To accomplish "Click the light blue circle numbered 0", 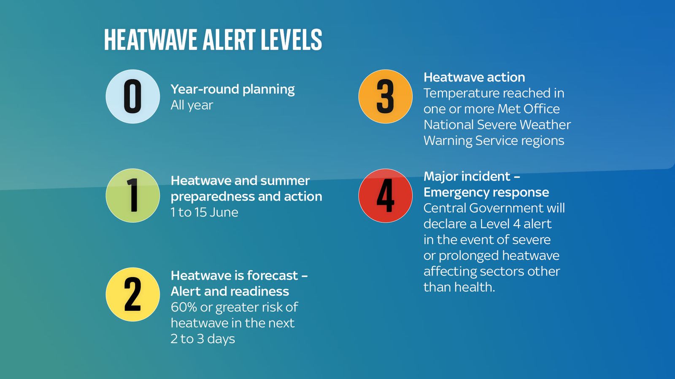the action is (x=132, y=96).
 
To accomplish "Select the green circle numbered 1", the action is (x=132, y=195).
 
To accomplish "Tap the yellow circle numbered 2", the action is (x=132, y=294).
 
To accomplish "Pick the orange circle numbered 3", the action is (x=386, y=96).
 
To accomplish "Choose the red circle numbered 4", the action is (x=386, y=195).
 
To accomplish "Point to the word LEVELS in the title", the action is (x=292, y=40).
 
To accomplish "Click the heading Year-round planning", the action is (x=232, y=90).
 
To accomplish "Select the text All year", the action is (x=192, y=105).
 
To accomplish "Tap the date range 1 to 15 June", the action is (x=204, y=212).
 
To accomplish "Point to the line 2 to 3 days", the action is (x=202, y=339).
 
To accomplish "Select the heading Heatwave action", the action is (x=474, y=77).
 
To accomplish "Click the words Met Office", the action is (x=529, y=109).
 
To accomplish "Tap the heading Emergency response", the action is (x=486, y=192).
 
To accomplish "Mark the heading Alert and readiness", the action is (x=229, y=291).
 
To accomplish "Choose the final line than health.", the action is (x=459, y=287).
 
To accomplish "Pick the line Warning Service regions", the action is (x=494, y=141).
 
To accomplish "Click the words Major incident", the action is (x=467, y=176).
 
